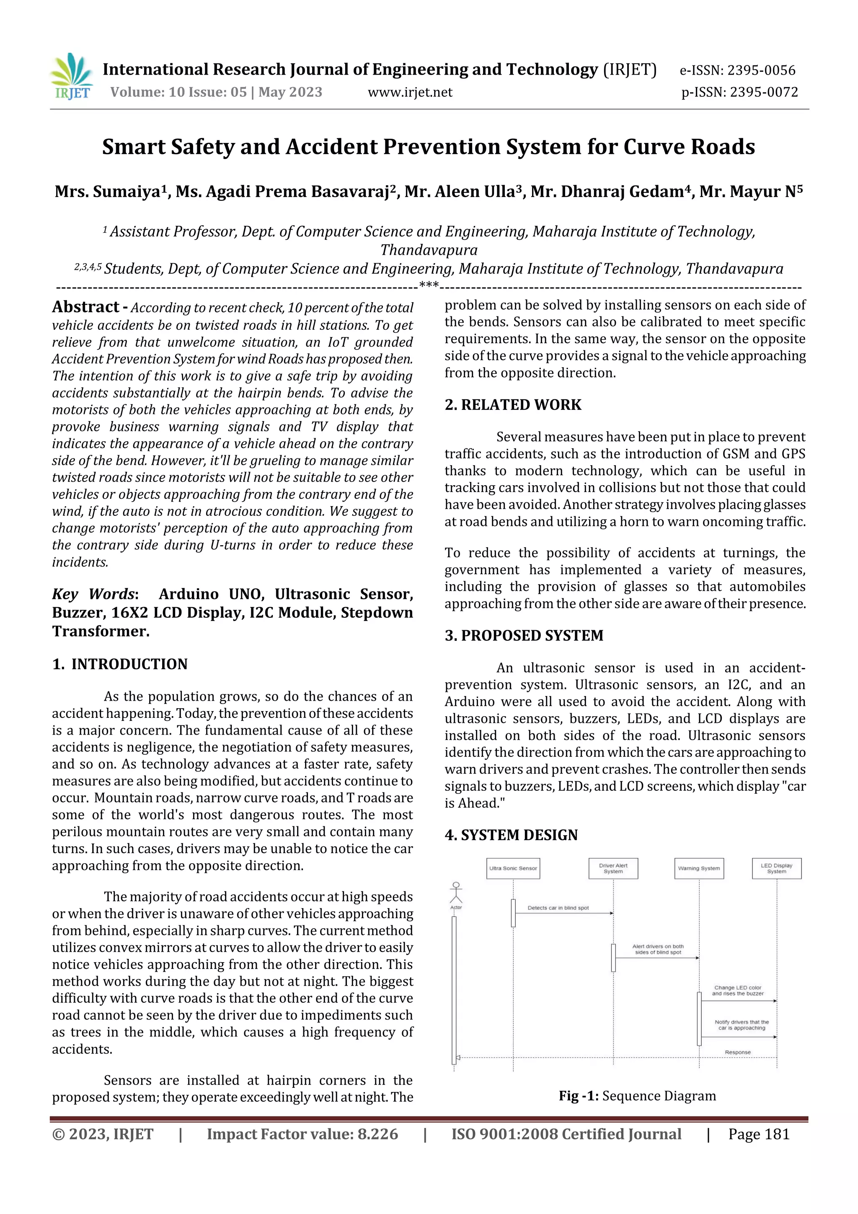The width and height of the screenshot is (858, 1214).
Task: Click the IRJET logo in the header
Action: pyautogui.click(x=72, y=77)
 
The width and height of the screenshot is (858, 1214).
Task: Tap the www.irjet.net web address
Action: pyautogui.click(x=410, y=93)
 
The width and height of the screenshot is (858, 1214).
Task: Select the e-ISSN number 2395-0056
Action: pyautogui.click(x=737, y=70)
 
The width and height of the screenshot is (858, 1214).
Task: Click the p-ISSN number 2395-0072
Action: pyautogui.click(x=739, y=93)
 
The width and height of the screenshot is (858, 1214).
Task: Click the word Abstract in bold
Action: pyautogui.click(x=85, y=307)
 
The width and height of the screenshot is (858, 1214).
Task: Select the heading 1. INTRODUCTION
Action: pyautogui.click(x=120, y=664)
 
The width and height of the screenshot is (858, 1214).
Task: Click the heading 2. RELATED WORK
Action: pyautogui.click(x=513, y=405)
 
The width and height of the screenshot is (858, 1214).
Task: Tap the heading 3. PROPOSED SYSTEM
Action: pyautogui.click(x=524, y=636)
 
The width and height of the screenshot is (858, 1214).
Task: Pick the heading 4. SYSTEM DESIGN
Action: pyautogui.click(x=511, y=836)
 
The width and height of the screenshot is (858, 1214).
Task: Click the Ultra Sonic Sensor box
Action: pyautogui.click(x=513, y=868)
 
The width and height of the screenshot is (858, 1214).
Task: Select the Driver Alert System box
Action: pyautogui.click(x=613, y=868)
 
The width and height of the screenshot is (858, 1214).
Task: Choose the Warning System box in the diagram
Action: pyautogui.click(x=699, y=868)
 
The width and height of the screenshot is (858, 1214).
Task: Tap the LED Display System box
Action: pyautogui.click(x=777, y=868)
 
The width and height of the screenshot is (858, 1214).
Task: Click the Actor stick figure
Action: pyautogui.click(x=456, y=893)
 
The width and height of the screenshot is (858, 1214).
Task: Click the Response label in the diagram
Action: pyautogui.click(x=737, y=1052)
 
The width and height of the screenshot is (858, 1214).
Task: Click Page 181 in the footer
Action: pyautogui.click(x=759, y=1134)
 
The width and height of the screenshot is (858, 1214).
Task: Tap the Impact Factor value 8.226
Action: pyautogui.click(x=302, y=1134)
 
